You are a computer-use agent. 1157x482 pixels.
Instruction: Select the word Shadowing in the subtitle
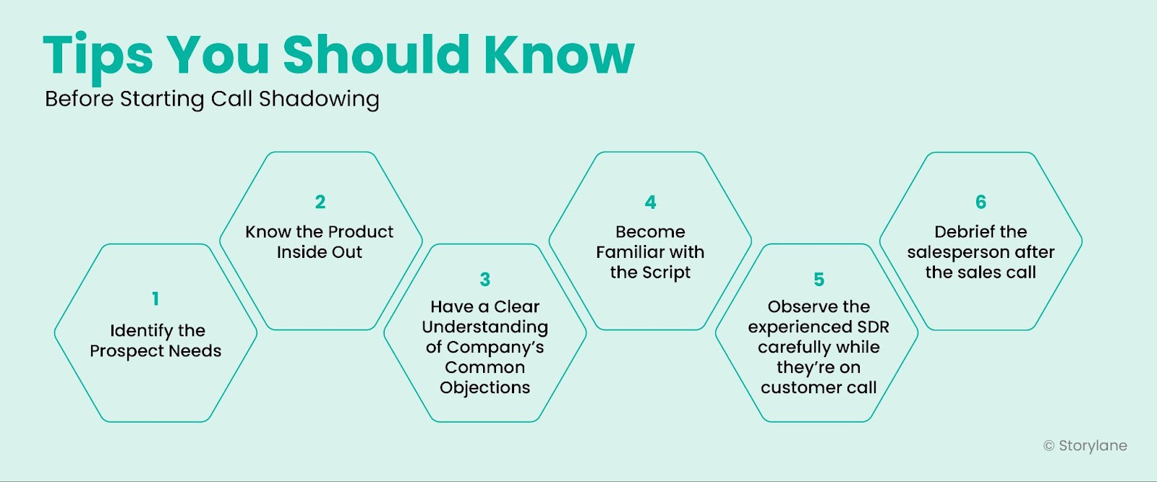(319, 99)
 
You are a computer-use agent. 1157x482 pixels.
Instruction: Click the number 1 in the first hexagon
(155, 298)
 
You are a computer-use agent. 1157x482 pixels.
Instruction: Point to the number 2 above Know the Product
(320, 202)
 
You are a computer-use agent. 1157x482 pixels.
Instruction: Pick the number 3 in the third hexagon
(485, 279)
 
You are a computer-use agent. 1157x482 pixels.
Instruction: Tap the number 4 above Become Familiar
(650, 202)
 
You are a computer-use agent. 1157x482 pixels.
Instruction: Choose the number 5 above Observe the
(819, 279)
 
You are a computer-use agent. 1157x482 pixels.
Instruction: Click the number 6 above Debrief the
(981, 202)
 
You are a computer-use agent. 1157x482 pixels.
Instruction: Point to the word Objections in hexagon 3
(485, 387)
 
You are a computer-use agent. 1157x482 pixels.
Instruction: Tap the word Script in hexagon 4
(667, 272)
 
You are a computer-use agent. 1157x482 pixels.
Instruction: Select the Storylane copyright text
(1085, 445)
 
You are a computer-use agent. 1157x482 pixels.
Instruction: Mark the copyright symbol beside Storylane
(1049, 446)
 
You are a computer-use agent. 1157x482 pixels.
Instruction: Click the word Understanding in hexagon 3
(485, 327)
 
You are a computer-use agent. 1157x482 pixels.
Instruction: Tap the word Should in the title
(376, 55)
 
